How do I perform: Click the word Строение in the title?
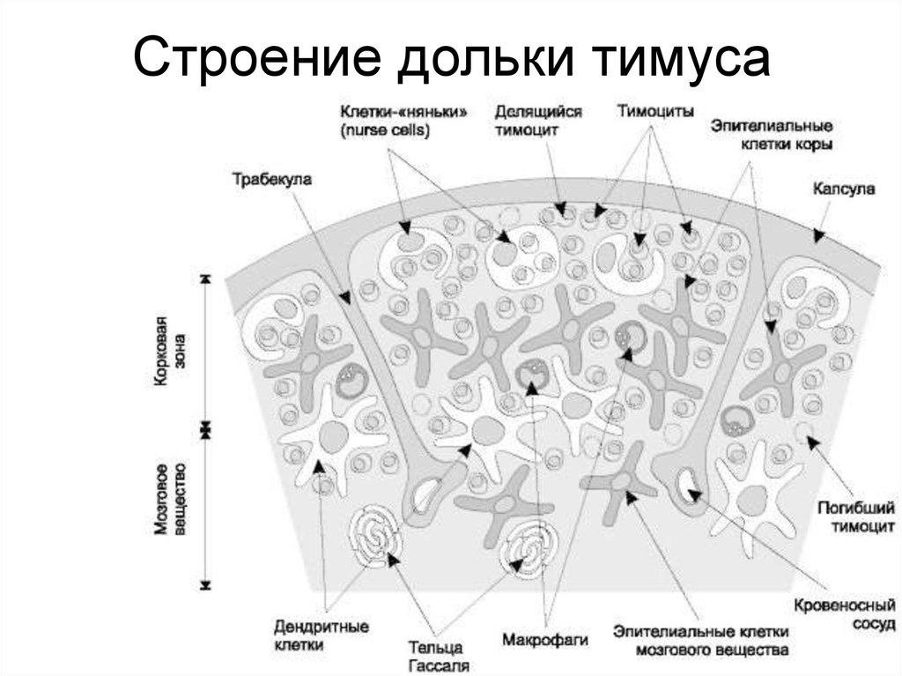point(257,57)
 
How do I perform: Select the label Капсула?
point(843,189)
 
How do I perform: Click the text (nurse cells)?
point(385,130)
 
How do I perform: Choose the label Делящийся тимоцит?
point(538,121)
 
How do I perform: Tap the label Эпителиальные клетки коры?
point(772,135)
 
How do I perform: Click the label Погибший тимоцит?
point(856,516)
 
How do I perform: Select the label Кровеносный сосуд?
point(845,614)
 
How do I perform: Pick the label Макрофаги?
point(544,640)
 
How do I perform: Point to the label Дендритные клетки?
point(321,635)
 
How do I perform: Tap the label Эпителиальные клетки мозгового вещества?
point(700,641)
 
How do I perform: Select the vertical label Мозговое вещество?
point(170,499)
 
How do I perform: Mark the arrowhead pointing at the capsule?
point(818,234)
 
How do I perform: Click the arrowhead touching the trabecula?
point(344,297)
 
